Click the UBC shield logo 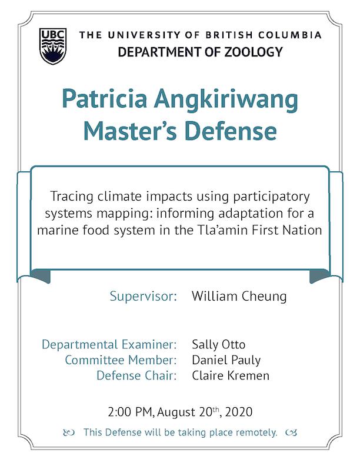click(53, 46)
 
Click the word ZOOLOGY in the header click(254, 52)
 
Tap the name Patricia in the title click(105, 98)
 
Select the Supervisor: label click(143, 297)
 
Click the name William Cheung click(239, 297)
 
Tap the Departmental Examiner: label click(109, 344)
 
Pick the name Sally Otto click(219, 344)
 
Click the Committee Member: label click(121, 360)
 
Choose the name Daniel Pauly click(226, 360)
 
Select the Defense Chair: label click(136, 375)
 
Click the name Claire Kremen click(231, 375)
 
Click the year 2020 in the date click(239, 412)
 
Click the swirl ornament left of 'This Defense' click(69, 432)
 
